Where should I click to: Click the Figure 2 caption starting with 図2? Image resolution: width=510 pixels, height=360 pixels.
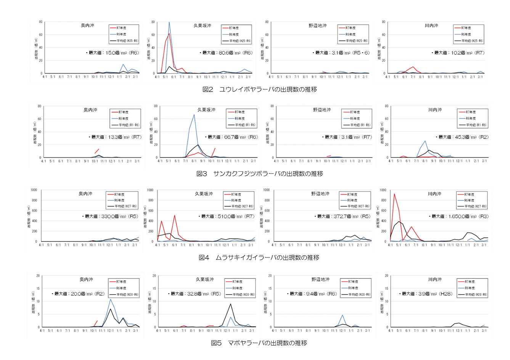(x=259, y=89)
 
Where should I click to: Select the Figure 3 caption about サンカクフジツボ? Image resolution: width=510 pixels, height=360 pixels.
(x=259, y=174)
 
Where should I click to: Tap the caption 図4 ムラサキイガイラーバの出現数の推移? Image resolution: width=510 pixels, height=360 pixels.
(x=259, y=257)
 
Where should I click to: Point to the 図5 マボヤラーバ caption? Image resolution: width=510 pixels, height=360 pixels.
(x=259, y=343)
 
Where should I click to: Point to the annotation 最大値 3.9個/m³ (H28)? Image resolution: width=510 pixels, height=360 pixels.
(x=427, y=294)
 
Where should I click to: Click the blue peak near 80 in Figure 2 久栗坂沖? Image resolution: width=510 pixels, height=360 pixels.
(x=169, y=22)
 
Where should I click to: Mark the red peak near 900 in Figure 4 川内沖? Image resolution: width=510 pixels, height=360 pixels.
(x=394, y=194)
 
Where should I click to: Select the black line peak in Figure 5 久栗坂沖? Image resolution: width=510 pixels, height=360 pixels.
(x=230, y=304)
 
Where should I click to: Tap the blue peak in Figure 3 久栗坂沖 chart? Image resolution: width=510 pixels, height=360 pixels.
(x=194, y=114)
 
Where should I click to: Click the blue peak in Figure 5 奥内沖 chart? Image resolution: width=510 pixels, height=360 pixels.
(x=111, y=299)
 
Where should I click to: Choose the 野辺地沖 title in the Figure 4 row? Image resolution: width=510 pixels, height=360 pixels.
(x=320, y=194)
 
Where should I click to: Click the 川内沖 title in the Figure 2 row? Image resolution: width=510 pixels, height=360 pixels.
(x=431, y=26)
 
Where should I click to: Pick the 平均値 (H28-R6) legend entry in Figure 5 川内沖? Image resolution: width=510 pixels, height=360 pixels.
(x=473, y=294)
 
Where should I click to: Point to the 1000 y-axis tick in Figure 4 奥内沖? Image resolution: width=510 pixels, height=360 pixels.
(x=34, y=190)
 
